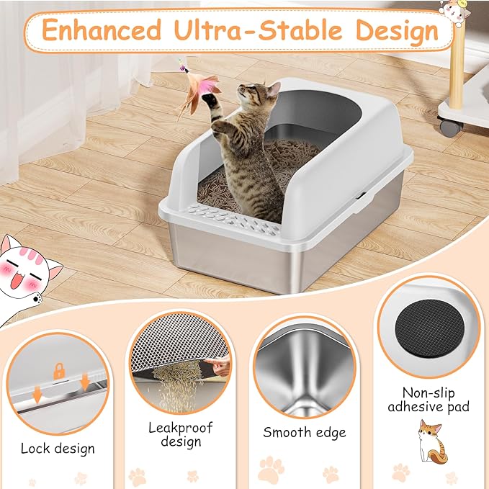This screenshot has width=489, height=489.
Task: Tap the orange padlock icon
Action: [58, 371]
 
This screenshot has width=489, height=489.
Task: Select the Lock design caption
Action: [58, 449]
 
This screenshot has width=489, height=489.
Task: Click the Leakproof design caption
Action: [180, 434]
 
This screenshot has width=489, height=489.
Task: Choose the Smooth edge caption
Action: [304, 433]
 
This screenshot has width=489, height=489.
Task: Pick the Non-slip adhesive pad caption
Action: [429, 400]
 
